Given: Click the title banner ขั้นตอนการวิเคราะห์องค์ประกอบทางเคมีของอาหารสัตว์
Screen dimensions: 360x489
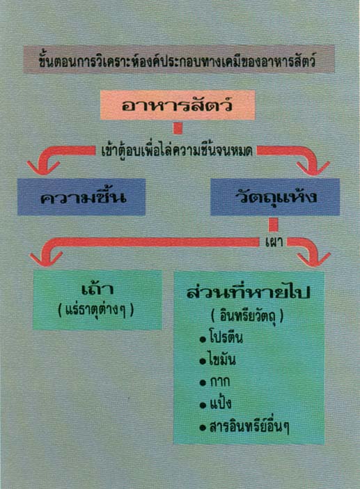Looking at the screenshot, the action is (x=178, y=59).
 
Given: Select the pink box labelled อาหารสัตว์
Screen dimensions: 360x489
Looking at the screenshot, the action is (x=178, y=105).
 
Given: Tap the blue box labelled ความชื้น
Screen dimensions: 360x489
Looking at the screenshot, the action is (x=81, y=197).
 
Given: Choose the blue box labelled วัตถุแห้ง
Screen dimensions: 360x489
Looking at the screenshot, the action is (x=275, y=197).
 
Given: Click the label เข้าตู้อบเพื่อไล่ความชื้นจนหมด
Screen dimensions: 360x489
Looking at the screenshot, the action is (x=177, y=151).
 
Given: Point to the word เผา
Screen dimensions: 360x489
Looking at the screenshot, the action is (x=274, y=242).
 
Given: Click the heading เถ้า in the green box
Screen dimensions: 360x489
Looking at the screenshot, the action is (x=97, y=288).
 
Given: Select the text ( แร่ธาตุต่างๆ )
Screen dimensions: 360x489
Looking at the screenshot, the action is (x=96, y=310).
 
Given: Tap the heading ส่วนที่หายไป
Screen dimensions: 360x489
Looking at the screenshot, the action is (x=249, y=292).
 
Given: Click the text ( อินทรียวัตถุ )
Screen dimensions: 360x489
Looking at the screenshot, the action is (x=247, y=316).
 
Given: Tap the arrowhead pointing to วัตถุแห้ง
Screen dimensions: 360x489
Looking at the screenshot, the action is (x=313, y=168).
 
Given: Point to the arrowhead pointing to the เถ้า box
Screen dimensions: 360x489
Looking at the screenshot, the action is (x=46, y=259).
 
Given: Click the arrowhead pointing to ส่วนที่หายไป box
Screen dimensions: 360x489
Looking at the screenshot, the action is (x=313, y=260).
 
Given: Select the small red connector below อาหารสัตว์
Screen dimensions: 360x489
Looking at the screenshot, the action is (x=178, y=128).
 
